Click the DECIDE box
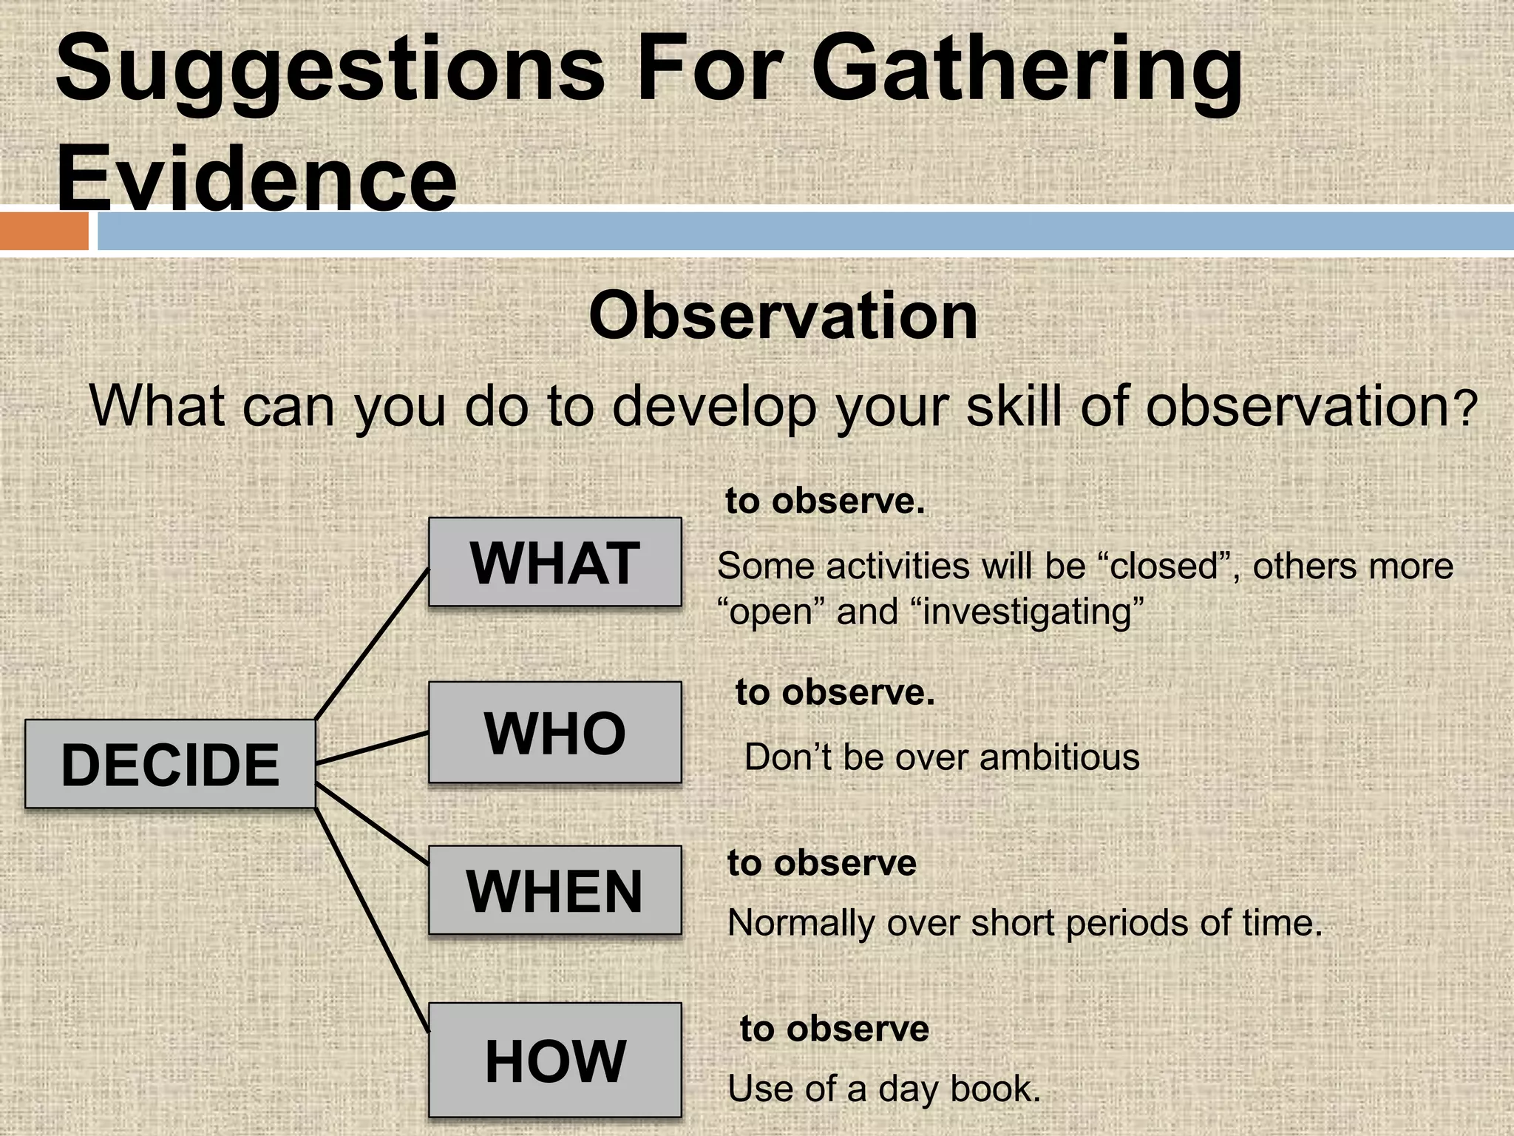[x=170, y=764]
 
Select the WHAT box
[x=554, y=563]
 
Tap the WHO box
[x=554, y=732]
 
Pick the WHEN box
[x=554, y=890]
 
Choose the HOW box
[x=554, y=1060]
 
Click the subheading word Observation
[x=783, y=316]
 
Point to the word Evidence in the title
[x=257, y=180]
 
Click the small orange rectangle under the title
[x=44, y=231]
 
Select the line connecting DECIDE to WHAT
[x=372, y=643]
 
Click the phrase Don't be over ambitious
[x=941, y=757]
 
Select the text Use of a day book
[x=883, y=1089]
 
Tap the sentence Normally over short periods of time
[x=1024, y=923]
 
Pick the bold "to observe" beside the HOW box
[x=834, y=1029]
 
